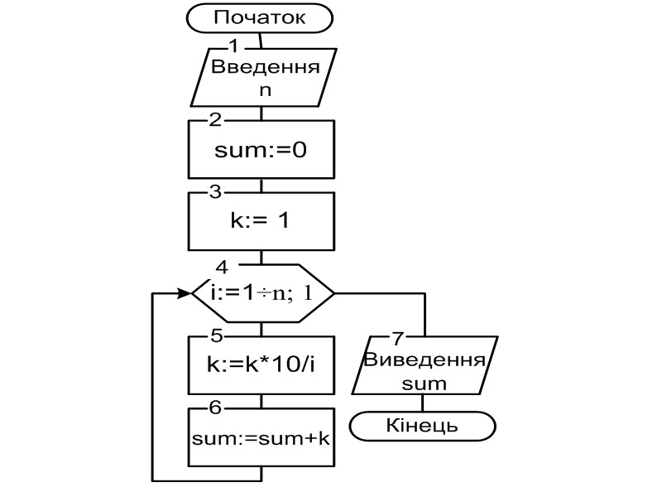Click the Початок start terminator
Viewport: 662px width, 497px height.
(x=261, y=17)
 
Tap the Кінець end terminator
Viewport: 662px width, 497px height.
(x=422, y=426)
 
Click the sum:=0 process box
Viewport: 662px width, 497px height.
(x=261, y=150)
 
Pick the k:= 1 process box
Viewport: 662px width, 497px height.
(x=261, y=221)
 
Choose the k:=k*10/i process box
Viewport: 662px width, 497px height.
(x=261, y=364)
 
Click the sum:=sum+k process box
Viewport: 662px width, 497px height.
(x=261, y=438)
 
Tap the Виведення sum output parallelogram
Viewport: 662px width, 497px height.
(x=424, y=371)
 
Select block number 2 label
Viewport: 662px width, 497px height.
(x=215, y=118)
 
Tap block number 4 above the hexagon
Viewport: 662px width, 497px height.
(x=221, y=267)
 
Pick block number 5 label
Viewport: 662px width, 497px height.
(x=215, y=336)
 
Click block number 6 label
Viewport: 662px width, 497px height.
(x=215, y=408)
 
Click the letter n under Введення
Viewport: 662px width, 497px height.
(x=265, y=90)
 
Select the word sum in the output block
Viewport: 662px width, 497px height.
(x=424, y=384)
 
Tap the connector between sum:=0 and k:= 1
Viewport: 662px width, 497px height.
(x=261, y=185)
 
